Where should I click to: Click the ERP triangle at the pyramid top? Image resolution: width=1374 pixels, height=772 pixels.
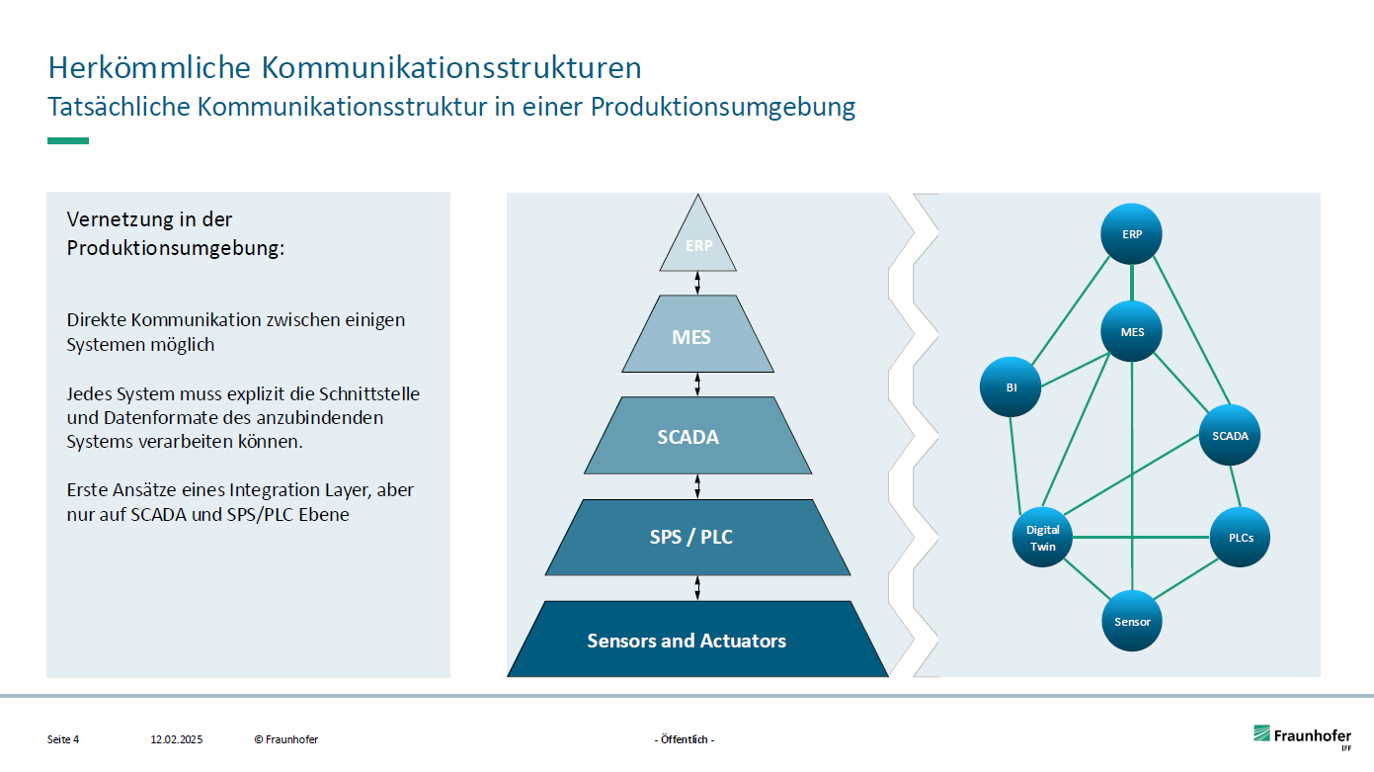[698, 245]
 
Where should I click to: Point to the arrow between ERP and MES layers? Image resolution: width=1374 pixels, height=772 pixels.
[698, 283]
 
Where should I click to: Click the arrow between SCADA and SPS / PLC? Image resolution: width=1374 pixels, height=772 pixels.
[698, 486]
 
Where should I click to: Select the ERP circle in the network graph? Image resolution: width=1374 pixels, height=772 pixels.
[1132, 234]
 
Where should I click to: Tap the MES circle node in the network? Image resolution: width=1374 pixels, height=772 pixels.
[1132, 332]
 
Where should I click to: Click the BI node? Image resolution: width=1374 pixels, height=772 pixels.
[1011, 387]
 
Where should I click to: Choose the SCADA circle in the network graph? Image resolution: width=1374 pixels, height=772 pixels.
[1230, 435]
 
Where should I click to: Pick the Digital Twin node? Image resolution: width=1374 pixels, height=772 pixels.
[1043, 538]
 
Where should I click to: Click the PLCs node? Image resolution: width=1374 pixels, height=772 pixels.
[1240, 538]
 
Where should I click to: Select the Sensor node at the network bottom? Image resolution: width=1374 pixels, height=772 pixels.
[1132, 622]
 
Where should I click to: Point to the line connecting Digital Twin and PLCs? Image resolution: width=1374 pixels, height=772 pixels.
[1141, 538]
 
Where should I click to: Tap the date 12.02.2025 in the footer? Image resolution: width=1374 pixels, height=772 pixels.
[176, 739]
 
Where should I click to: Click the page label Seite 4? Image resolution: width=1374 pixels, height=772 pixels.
[63, 739]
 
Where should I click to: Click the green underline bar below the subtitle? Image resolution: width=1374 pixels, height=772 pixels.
[68, 140]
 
